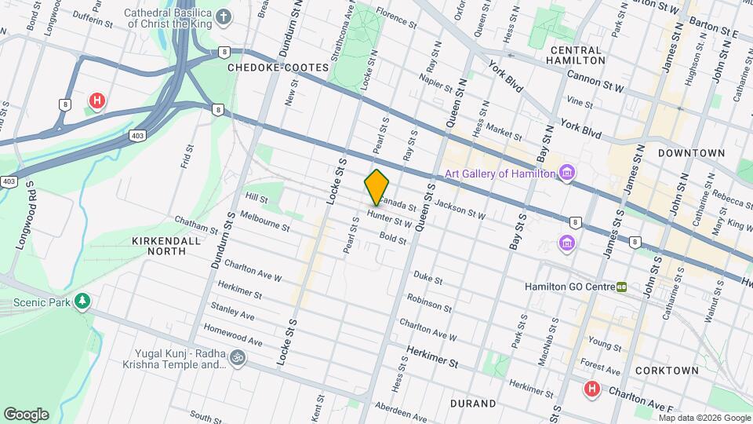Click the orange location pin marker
coord(376,187)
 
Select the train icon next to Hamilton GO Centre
coord(621,287)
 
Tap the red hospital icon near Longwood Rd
coord(97,101)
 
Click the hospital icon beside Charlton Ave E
coord(592,389)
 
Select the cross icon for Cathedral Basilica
coord(224,17)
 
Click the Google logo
coord(26,414)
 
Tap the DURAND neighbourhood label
coord(473,404)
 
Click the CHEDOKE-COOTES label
coord(278,68)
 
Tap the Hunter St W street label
coord(390,222)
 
